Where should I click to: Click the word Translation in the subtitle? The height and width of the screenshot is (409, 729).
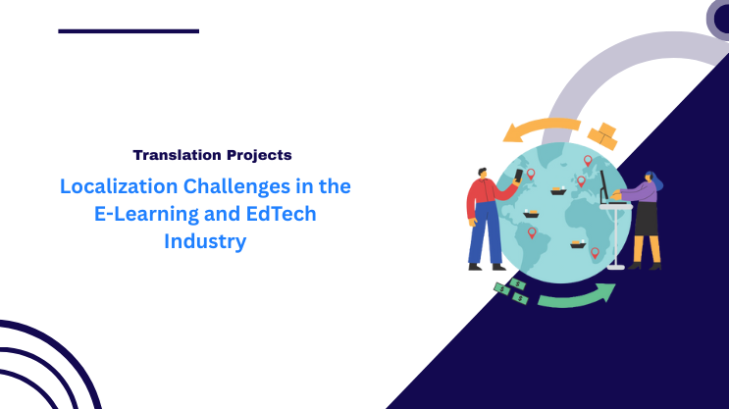tap(172, 155)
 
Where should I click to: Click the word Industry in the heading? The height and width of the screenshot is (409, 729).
tap(205, 241)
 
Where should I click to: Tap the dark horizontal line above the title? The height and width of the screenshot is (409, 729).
tap(129, 31)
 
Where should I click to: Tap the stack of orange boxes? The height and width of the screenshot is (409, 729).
tap(601, 135)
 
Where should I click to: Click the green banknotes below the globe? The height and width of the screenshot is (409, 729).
tap(511, 290)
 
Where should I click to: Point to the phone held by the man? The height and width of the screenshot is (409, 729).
tap(519, 177)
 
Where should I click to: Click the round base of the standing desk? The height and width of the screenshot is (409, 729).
tap(615, 267)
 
